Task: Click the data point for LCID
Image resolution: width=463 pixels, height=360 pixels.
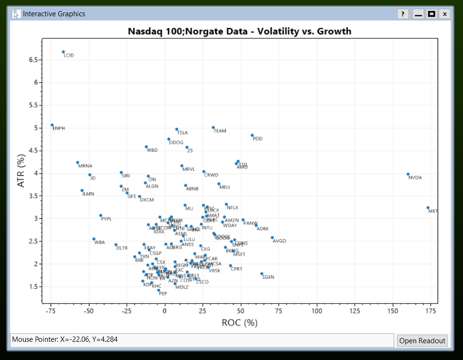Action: [x=63, y=52]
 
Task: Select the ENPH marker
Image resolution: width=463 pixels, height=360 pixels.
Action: [x=52, y=125]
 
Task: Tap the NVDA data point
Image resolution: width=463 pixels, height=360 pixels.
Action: [x=408, y=174]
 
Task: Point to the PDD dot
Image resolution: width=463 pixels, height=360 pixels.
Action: [x=252, y=135]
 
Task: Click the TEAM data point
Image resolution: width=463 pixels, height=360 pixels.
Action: [x=213, y=127]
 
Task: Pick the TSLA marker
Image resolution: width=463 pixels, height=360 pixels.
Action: [x=176, y=129]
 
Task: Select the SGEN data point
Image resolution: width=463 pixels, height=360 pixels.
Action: [x=262, y=274]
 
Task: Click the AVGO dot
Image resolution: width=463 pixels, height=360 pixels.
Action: [x=272, y=237]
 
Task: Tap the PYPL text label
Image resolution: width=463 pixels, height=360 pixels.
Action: [x=106, y=219]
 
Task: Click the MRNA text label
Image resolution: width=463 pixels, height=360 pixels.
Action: [x=85, y=166]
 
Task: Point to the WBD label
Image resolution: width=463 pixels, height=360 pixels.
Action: [x=152, y=150]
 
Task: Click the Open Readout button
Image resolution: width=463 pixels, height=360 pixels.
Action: [x=422, y=341]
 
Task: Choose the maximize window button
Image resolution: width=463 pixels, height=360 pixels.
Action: [x=431, y=14]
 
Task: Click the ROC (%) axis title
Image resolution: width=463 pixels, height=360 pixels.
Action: [x=240, y=323]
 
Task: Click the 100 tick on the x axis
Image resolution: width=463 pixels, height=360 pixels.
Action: [x=317, y=311]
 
